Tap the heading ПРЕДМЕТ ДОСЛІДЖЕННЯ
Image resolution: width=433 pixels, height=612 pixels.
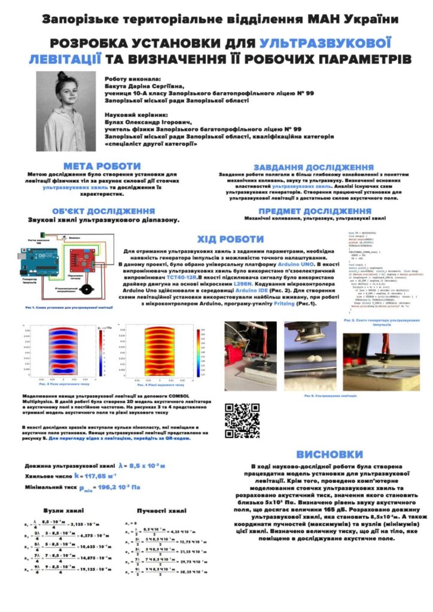(x=315, y=211)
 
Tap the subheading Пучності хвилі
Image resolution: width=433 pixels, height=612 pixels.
(x=162, y=511)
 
